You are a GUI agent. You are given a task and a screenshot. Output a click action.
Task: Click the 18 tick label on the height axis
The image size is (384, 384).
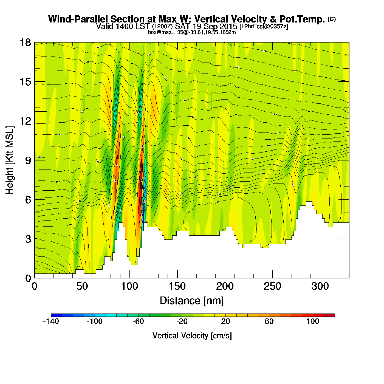tap(25, 43)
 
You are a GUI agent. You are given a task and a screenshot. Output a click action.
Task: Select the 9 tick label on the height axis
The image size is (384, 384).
tap(28, 160)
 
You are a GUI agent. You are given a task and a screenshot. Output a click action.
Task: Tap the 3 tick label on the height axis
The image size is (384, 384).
tap(28, 239)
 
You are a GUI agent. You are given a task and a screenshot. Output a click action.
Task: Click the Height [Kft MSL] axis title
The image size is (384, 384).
tap(10, 160)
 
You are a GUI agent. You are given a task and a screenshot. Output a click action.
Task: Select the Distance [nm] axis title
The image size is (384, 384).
tap(192, 301)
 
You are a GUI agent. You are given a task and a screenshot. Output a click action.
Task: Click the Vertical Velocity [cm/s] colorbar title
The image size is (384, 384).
tap(192, 335)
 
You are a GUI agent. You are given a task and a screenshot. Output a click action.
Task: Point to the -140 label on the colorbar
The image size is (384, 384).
tap(51, 321)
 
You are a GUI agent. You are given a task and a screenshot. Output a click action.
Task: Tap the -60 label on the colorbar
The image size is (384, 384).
tap(138, 321)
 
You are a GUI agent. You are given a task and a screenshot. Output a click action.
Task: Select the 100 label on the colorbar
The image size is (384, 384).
tap(313, 321)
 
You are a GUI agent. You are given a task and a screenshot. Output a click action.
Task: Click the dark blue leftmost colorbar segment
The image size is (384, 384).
tap(57, 315)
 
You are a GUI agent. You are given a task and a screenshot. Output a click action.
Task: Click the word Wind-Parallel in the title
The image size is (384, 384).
tap(78, 19)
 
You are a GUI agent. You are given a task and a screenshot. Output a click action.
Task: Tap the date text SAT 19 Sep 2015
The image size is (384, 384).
tap(206, 26)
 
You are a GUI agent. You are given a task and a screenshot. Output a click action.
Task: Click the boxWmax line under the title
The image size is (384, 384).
tap(192, 32)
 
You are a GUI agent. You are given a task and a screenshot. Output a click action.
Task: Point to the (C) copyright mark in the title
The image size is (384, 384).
tap(332, 19)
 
